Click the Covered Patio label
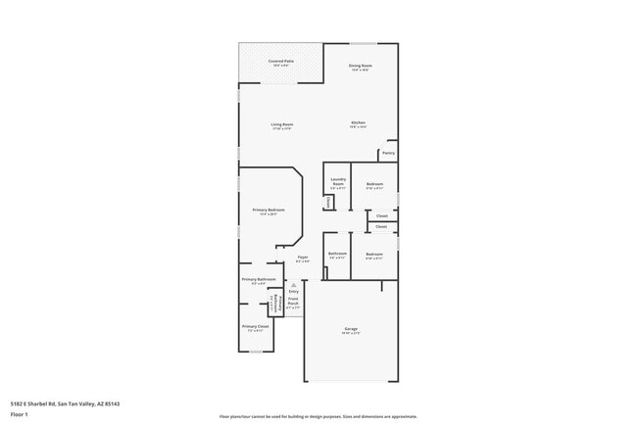(x=281, y=62)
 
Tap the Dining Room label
(x=361, y=67)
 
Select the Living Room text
(x=282, y=125)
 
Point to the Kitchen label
(x=359, y=123)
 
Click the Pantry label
(x=388, y=154)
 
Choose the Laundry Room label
(x=338, y=181)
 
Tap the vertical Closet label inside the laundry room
(x=328, y=202)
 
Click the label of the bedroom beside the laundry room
(x=374, y=185)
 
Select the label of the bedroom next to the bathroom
(x=374, y=255)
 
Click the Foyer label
(x=304, y=259)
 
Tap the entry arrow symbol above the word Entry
(x=293, y=284)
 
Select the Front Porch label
(x=293, y=303)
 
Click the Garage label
(x=351, y=329)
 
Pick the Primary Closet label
(x=256, y=326)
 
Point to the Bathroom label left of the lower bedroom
(x=337, y=255)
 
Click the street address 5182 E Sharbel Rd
(x=65, y=402)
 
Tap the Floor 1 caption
(x=19, y=414)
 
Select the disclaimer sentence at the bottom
(x=318, y=416)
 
